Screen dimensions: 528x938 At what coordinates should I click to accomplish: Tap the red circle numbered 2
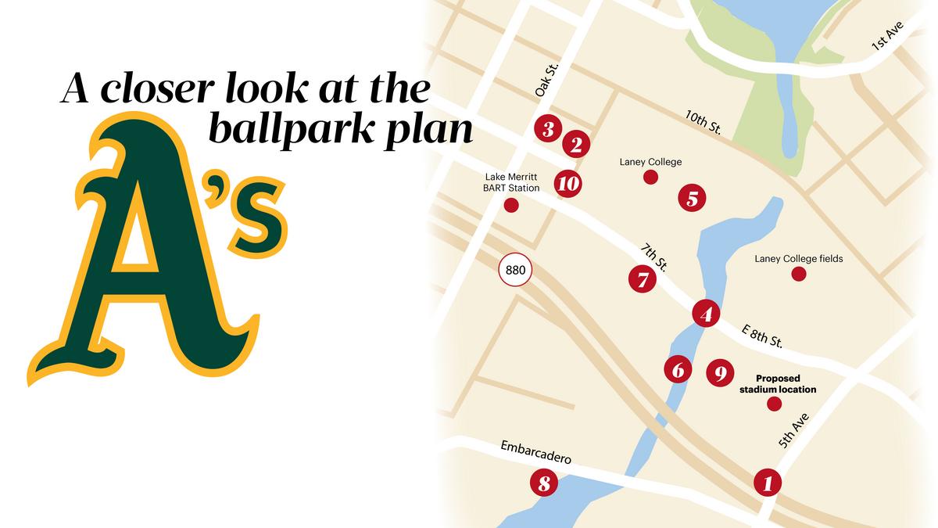point(576,144)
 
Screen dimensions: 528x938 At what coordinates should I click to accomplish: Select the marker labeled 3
point(548,129)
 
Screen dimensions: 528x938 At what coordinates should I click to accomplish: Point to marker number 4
point(706,314)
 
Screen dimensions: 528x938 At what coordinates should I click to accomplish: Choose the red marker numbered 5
point(692,198)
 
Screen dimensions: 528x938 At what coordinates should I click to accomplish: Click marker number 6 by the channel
point(678,368)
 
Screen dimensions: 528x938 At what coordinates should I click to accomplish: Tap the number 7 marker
point(643,278)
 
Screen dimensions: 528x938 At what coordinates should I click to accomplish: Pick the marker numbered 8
point(544,483)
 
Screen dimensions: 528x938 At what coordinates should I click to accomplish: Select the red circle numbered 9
point(720,373)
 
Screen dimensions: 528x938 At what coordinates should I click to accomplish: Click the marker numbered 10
point(568,184)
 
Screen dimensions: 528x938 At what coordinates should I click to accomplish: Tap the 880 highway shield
point(516,271)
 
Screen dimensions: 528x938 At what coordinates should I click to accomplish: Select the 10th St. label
point(703,123)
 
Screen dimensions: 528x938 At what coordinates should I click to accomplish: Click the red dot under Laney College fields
point(798,274)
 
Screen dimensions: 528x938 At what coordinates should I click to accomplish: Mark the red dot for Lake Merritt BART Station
point(511,206)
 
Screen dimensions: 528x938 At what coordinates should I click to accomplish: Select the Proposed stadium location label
point(778,383)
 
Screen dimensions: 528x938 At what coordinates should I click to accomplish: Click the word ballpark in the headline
point(282,129)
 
